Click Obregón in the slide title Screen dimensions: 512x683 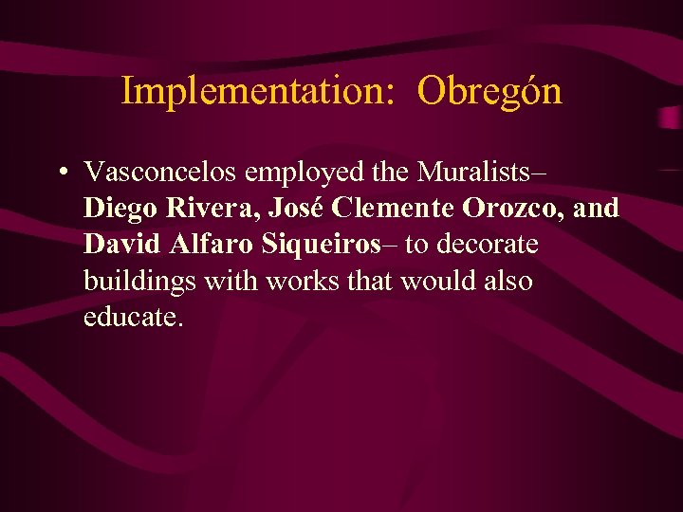pyautogui.click(x=489, y=92)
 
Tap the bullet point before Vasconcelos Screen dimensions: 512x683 pyautogui.click(x=61, y=173)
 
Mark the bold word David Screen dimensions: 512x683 pyautogui.click(x=123, y=244)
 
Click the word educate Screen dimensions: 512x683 pyautogui.click(x=131, y=317)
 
